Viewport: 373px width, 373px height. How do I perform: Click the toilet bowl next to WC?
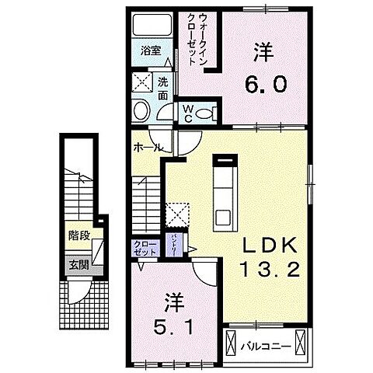coord(204,113)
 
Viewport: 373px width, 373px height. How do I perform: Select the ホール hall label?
coord(148,146)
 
